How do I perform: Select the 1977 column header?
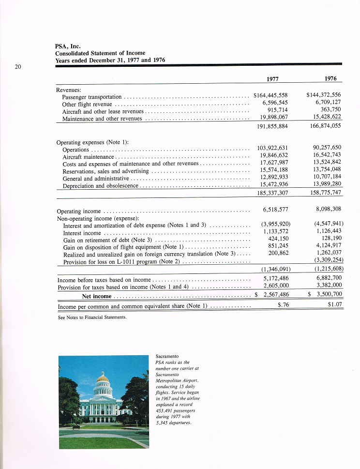tap(273, 79)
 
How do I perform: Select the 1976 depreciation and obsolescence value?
tap(325, 184)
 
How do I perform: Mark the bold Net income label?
tap(97, 296)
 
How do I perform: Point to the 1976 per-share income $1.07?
tap(335, 305)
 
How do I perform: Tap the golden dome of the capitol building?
tap(103, 378)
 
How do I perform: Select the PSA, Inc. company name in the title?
tap(68, 46)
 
